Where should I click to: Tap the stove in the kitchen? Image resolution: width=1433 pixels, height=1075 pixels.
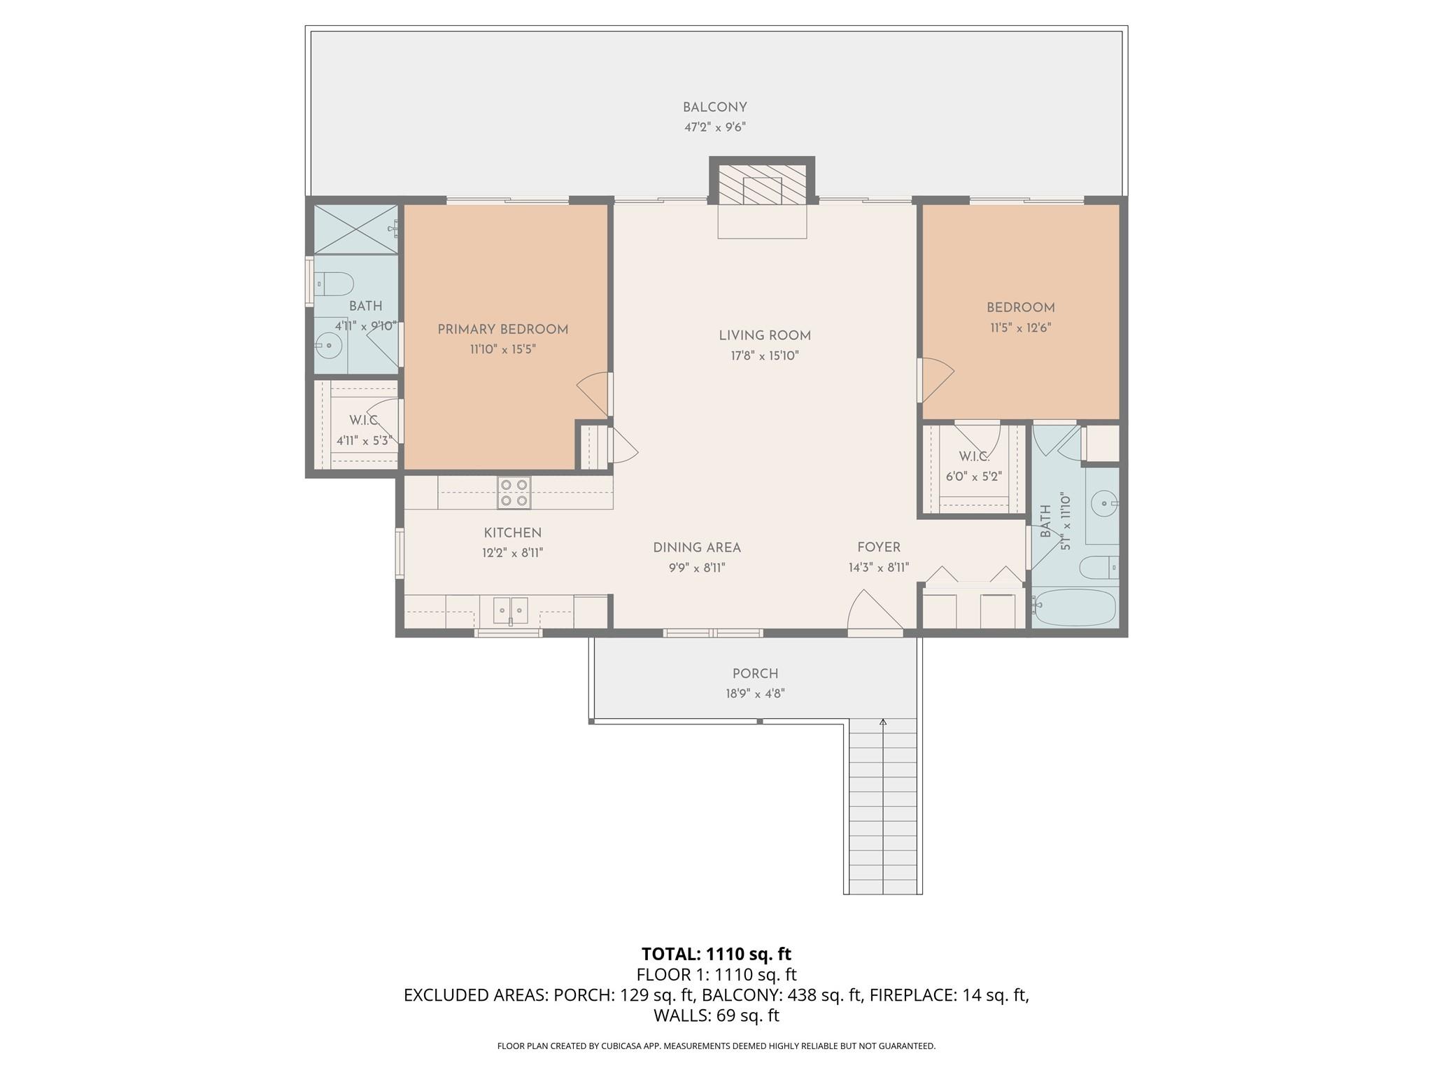pos(514,492)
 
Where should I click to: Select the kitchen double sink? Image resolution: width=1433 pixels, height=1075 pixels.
pos(511,610)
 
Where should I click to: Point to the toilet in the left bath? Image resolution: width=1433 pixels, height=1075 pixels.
pos(334,283)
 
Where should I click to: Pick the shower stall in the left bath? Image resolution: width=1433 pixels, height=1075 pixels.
pos(355,230)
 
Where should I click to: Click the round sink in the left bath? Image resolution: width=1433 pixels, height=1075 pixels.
pos(328,344)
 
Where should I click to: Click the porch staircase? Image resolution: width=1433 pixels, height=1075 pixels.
pos(882,806)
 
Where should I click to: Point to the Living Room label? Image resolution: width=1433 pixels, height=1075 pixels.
pos(765,336)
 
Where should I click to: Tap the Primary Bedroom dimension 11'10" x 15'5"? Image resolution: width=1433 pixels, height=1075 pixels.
pos(503,349)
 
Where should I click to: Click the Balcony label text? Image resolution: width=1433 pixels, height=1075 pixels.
pos(715,107)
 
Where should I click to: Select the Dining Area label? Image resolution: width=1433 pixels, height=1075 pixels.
pos(697,547)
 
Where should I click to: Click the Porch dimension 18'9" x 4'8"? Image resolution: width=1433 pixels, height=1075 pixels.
pos(755,694)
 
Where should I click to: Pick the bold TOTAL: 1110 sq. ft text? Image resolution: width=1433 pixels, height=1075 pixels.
pos(716,954)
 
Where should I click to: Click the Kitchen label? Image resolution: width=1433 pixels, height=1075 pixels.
pos(513,533)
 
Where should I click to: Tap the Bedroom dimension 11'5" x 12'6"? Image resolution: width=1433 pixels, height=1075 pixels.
pos(1020,328)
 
